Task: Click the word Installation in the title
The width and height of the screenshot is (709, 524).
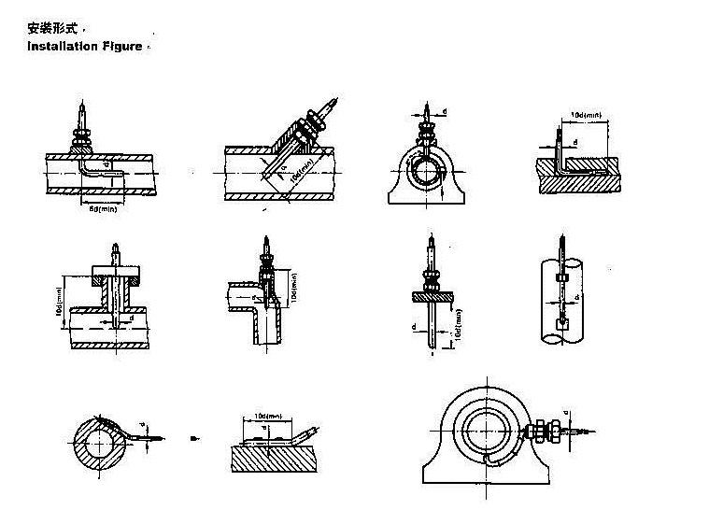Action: tap(61, 46)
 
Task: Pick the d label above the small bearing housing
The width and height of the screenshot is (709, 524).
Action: tap(445, 112)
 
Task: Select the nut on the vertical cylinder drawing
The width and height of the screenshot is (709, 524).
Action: tap(564, 277)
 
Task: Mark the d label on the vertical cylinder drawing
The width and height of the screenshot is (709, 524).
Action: tap(579, 297)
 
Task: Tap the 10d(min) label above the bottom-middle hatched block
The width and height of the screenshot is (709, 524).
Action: tap(269, 417)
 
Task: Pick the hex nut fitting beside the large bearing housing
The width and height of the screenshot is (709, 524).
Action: tap(539, 432)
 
